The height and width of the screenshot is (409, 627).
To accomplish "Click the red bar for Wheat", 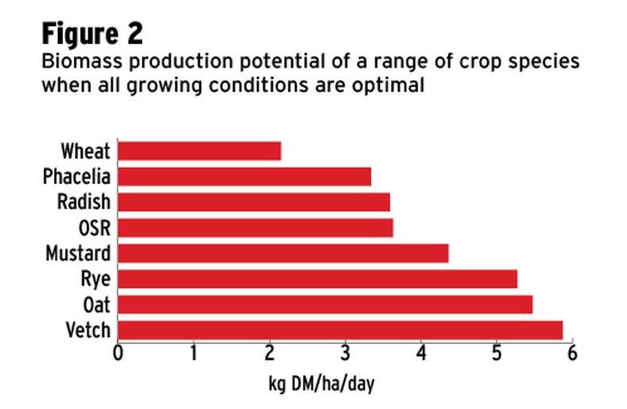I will tap(199, 151).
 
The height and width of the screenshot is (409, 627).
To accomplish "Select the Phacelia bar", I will tap(244, 176).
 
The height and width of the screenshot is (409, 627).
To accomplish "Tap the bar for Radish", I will tap(254, 202).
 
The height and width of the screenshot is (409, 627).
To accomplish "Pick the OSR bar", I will tap(256, 228).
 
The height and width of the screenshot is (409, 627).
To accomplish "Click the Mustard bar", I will tap(283, 253).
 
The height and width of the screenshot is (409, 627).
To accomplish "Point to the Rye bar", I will tap(317, 279).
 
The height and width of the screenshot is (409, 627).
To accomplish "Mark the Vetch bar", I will tap(340, 330).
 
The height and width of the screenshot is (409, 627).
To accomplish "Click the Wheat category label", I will tap(86, 151).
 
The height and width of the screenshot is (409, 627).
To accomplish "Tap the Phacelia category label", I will tap(77, 176).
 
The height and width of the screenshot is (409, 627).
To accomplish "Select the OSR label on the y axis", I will tap(94, 228).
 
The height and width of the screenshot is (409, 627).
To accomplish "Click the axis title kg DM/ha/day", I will tap(321, 385).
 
